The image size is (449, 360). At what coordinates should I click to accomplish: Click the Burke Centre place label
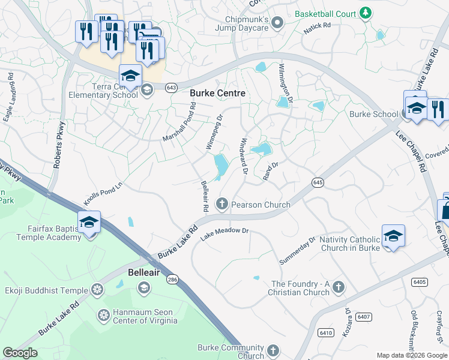point(217,94)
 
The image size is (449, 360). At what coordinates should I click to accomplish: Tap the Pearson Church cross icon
point(222,205)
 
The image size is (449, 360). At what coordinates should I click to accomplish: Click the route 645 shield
point(318,182)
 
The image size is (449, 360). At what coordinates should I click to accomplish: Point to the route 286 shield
point(172,280)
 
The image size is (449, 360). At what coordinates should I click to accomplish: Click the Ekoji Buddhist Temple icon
point(97,290)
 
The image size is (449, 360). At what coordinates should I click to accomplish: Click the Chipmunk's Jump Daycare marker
point(277,23)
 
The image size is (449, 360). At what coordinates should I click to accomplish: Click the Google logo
point(20,353)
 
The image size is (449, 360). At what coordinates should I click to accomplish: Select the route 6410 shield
point(326,332)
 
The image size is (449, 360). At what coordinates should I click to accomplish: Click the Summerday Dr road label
point(297,251)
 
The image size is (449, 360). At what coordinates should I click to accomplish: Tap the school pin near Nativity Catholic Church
point(393,235)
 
